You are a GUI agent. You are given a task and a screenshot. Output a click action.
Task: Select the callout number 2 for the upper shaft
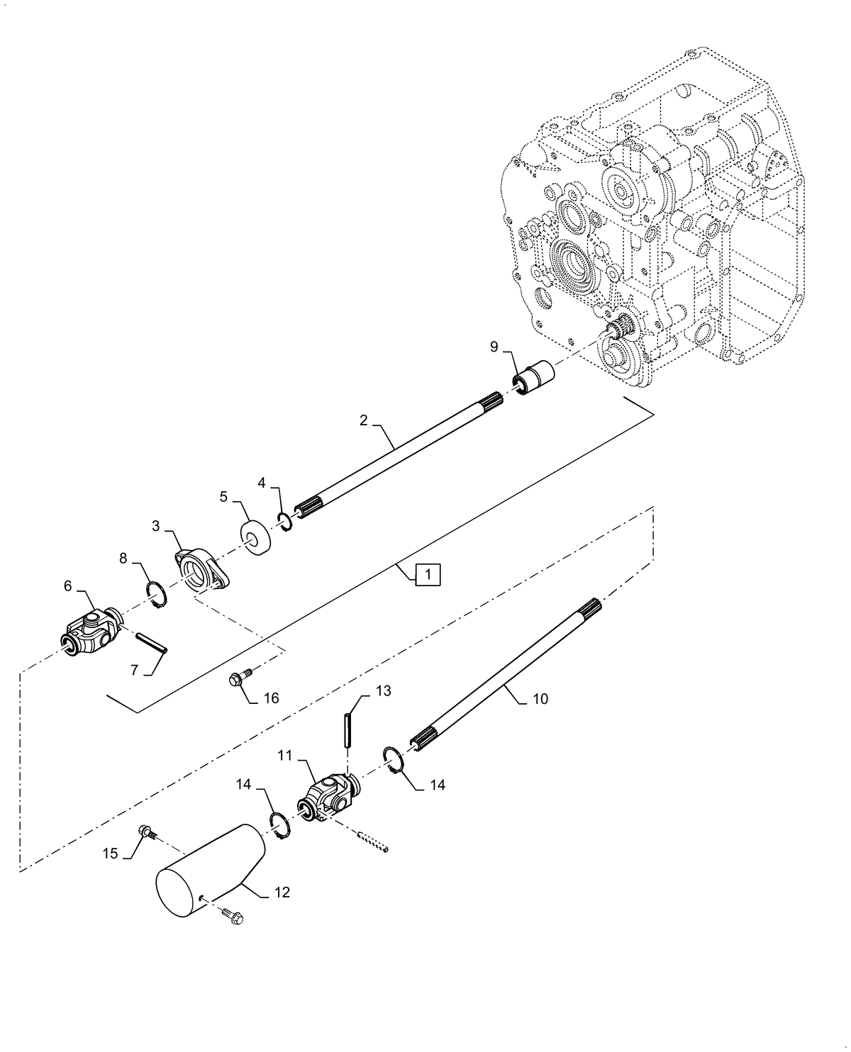[x=363, y=420]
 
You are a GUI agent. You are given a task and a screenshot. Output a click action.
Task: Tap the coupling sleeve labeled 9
[x=533, y=378]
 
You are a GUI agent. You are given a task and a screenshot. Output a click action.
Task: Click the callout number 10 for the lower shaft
[x=540, y=699]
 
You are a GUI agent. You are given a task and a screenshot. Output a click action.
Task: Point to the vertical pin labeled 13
[x=347, y=730]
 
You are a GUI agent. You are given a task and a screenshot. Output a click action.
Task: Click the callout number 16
[x=271, y=698]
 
